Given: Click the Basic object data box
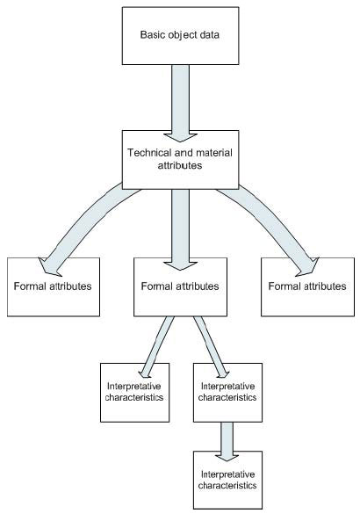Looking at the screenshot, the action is (x=181, y=36).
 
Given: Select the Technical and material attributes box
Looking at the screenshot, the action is (x=181, y=160).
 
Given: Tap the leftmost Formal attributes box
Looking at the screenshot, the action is (x=54, y=286).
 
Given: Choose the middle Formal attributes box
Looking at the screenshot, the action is (x=180, y=286).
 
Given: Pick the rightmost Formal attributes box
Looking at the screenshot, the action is (x=307, y=286).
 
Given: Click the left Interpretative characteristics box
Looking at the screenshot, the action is (x=134, y=393).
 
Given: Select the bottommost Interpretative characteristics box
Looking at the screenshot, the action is (x=227, y=480).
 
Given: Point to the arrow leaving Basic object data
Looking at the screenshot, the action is (x=181, y=104).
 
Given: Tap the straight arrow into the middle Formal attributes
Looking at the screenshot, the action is (x=181, y=229).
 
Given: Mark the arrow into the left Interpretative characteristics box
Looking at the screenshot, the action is (x=156, y=347).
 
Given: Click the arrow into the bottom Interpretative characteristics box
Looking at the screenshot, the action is (x=227, y=442).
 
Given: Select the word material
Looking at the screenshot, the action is (x=214, y=153).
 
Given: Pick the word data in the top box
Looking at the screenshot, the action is (x=208, y=34).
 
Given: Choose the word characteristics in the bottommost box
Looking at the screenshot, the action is (x=227, y=485).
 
